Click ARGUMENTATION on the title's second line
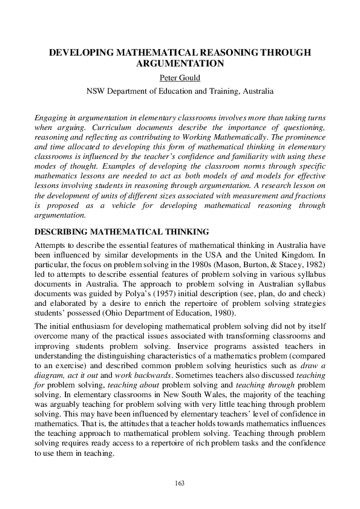pyautogui.click(x=180, y=63)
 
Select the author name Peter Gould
pyautogui.click(x=180, y=78)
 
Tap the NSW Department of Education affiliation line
pyautogui.click(x=180, y=91)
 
